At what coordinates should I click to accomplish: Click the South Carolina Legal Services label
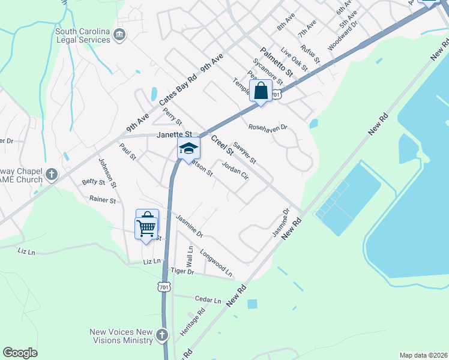tap(83, 35)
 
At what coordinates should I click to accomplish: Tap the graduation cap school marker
tap(188, 149)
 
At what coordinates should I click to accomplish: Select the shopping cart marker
tap(146, 228)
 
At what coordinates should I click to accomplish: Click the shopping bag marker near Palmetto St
tap(261, 91)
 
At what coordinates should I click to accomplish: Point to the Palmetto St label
tap(276, 62)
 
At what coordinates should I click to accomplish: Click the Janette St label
tap(174, 135)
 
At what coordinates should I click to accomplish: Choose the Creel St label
tap(221, 145)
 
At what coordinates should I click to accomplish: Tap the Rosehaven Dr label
tap(268, 127)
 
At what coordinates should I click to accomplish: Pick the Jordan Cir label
tap(235, 170)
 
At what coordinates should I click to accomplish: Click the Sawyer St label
tap(245, 153)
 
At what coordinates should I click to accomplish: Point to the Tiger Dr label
tap(182, 272)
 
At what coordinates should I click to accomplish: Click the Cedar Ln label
tap(208, 299)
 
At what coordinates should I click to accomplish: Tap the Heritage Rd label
tap(192, 322)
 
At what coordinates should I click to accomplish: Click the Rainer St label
tap(103, 199)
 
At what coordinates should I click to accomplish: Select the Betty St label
tap(94, 181)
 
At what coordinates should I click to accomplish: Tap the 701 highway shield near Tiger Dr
tap(164, 287)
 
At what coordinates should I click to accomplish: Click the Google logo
tap(20, 353)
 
